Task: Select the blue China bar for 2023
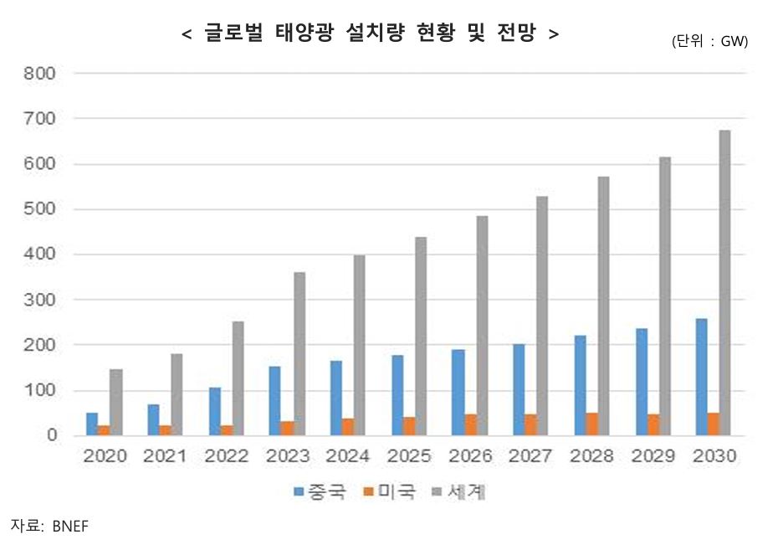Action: coord(275,401)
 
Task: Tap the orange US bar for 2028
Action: coord(591,424)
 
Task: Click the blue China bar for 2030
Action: coord(700,377)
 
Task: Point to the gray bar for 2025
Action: coord(420,336)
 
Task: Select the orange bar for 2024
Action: coord(346,427)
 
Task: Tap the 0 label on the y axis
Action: coord(51,435)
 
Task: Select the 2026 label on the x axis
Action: coord(471,457)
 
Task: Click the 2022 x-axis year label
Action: coord(226,457)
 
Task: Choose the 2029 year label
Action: coord(654,457)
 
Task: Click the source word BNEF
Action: coord(69,527)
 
